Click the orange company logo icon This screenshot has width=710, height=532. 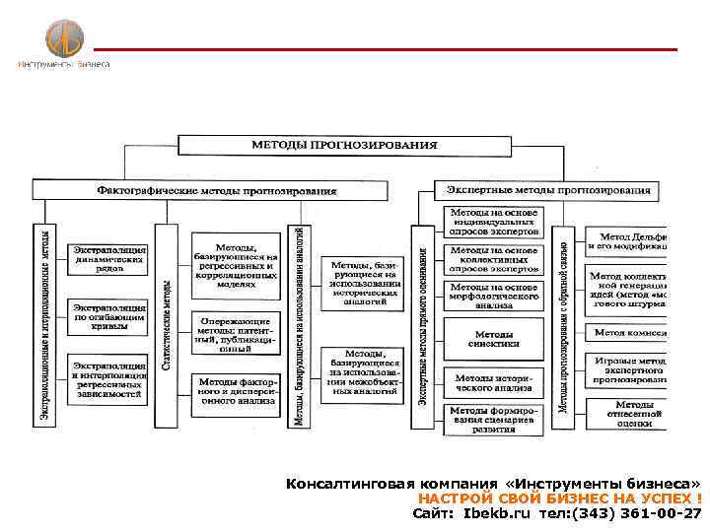[x=64, y=38]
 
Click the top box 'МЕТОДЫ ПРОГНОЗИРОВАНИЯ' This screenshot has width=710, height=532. [x=343, y=145]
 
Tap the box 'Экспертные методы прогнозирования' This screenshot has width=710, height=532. [x=548, y=188]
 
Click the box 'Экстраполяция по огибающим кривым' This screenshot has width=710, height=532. [x=108, y=318]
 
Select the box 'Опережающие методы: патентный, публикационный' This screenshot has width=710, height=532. [x=236, y=334]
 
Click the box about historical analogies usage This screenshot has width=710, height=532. [x=363, y=286]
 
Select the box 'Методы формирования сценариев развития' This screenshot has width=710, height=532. [x=493, y=419]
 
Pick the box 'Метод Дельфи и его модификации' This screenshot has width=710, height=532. [x=628, y=242]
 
